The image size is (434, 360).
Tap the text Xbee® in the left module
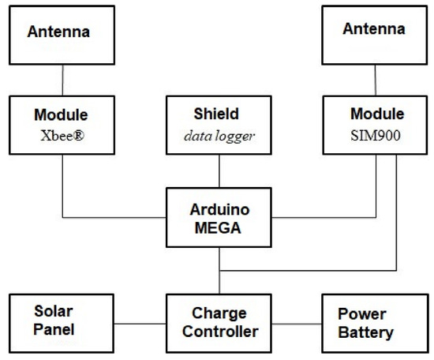pyautogui.click(x=61, y=133)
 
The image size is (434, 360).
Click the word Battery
pyautogui.click(x=366, y=332)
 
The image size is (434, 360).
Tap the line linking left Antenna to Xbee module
pyautogui.click(x=61, y=80)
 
